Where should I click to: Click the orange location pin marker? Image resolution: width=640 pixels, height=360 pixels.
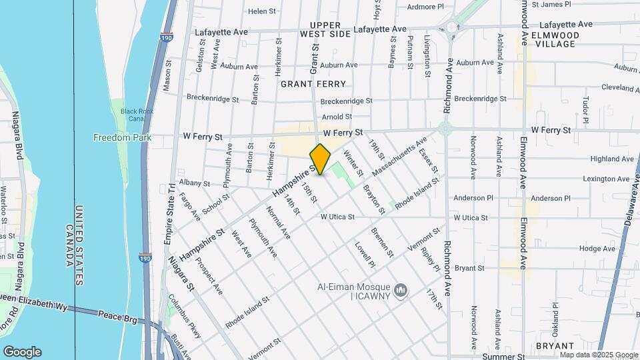tap(321, 159)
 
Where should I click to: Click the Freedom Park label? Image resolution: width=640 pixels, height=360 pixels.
tap(122, 138)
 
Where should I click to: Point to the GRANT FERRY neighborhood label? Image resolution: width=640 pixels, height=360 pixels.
tap(313, 84)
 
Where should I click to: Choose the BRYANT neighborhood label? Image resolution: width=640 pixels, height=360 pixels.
tap(555, 346)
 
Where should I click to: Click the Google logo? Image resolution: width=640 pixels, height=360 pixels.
tap(22, 352)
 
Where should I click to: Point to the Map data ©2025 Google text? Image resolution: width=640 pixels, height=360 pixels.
tap(599, 355)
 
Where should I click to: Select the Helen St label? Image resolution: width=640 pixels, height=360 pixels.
tap(261, 11)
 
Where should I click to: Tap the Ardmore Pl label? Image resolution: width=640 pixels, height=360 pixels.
tap(425, 7)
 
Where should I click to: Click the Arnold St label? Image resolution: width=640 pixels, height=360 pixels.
tap(336, 117)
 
